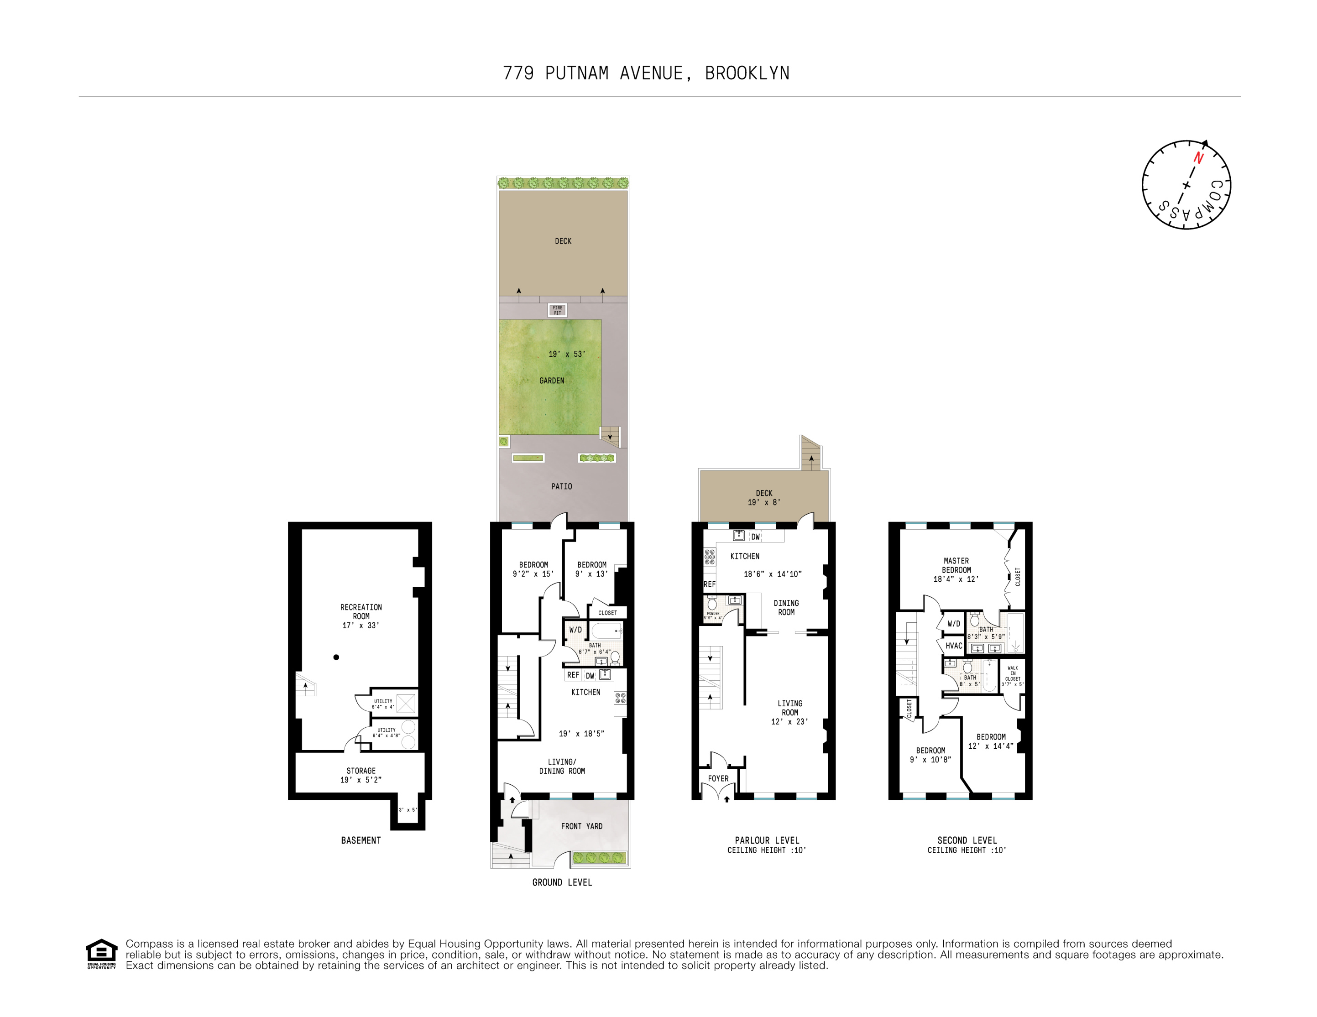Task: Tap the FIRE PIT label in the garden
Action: click(557, 310)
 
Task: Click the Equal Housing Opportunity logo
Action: click(101, 953)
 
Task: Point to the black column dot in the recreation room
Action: click(336, 657)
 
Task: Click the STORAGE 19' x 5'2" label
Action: click(361, 775)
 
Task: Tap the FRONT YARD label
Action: click(581, 826)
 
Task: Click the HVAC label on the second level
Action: click(953, 646)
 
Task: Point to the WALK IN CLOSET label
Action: click(1013, 675)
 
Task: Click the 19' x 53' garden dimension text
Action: click(566, 354)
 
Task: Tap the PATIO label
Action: click(561, 486)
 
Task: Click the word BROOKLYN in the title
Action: click(747, 73)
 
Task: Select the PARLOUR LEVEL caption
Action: click(767, 840)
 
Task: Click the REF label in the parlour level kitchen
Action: click(709, 584)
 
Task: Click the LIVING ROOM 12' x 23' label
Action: click(789, 712)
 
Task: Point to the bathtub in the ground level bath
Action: click(606, 631)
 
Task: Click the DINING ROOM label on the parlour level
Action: click(786, 607)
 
